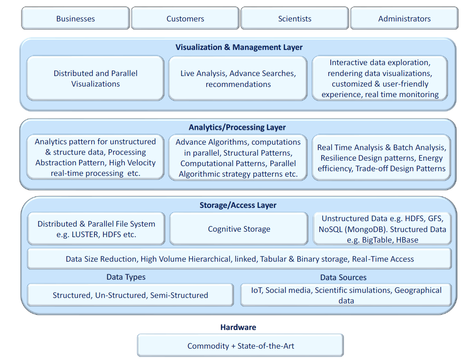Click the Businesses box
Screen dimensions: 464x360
click(x=76, y=18)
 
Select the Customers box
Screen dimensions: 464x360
click(x=185, y=18)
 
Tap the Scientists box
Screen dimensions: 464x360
click(x=295, y=18)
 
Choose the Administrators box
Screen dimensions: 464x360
click(x=404, y=18)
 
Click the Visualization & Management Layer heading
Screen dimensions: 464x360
click(x=239, y=47)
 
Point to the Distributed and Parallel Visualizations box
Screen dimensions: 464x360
click(x=95, y=78)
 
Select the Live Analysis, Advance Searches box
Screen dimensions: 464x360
click(x=238, y=78)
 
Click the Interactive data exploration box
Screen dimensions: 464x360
click(x=380, y=78)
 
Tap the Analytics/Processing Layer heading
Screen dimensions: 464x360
click(x=237, y=127)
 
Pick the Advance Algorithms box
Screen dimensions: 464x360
click(x=238, y=158)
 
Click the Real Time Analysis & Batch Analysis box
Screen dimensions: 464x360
click(x=381, y=158)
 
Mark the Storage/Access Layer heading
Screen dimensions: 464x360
click(x=238, y=205)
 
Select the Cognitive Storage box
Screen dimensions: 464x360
click(x=239, y=229)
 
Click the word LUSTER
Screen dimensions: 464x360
click(x=85, y=234)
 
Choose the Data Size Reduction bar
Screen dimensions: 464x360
click(x=239, y=259)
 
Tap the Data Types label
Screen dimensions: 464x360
click(x=126, y=277)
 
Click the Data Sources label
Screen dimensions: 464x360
click(x=343, y=277)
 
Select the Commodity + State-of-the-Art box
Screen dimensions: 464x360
click(x=240, y=346)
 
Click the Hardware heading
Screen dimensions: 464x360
click(x=238, y=327)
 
